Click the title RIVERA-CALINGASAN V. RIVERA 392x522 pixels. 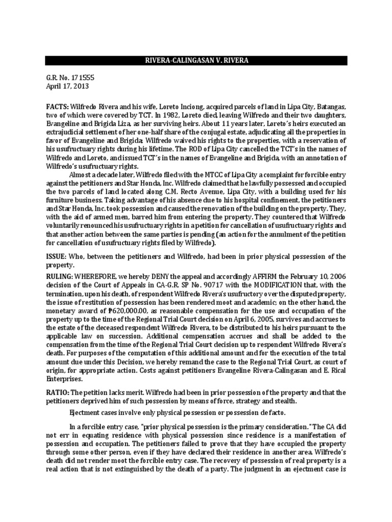tap(196, 61)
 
